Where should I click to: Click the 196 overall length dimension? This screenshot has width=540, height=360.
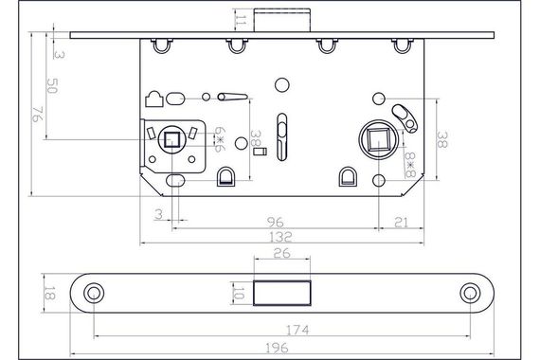tap(278, 348)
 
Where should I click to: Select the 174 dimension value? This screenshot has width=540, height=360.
tap(297, 330)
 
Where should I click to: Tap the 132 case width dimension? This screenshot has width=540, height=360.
tap(280, 237)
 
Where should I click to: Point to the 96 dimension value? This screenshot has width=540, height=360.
tap(276, 223)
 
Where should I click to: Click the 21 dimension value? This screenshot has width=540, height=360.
tap(402, 223)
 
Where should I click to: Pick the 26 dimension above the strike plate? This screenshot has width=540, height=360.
tap(282, 253)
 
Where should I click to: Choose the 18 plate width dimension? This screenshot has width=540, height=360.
tap(49, 293)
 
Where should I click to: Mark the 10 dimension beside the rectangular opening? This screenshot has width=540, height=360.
tap(238, 293)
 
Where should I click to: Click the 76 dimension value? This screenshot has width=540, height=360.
tap(37, 114)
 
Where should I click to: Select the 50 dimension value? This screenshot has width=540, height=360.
tap(52, 86)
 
